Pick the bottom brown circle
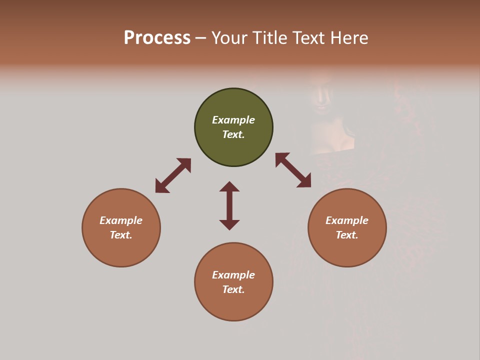pos(233,305)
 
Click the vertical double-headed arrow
pos(229,205)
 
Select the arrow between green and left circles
pos(173,175)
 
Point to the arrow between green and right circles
pos(293,170)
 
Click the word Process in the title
pos(157,38)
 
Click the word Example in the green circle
pos(233,120)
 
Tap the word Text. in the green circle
pos(233,134)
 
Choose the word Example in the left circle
pos(121,220)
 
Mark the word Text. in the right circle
pos(347,235)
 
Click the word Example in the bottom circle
pos(233,275)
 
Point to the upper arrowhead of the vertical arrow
pos(229,186)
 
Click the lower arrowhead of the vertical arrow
pos(229,224)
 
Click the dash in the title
pos(201,38)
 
